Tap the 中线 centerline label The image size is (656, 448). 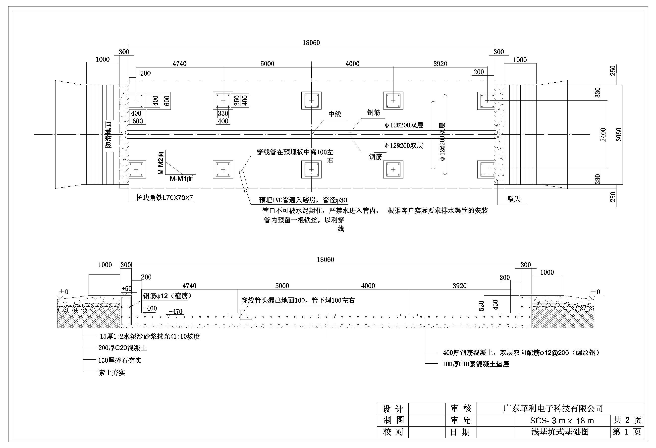(x=335, y=114)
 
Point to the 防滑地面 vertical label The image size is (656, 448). (x=109, y=135)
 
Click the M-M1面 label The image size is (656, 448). (x=181, y=179)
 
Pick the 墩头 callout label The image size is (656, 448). (x=513, y=199)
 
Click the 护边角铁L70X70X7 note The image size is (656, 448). (x=164, y=198)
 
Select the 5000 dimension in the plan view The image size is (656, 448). (x=267, y=63)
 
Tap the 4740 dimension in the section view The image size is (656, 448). (x=189, y=286)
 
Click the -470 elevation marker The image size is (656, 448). (x=176, y=312)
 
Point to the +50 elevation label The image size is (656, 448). (x=126, y=288)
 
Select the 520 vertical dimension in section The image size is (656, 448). (x=482, y=306)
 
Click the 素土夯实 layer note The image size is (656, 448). (x=112, y=373)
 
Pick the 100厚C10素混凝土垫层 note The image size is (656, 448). (x=476, y=364)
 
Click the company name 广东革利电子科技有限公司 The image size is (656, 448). (x=553, y=408)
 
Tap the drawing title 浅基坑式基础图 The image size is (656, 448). (x=560, y=432)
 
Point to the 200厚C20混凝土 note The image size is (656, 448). (x=123, y=348)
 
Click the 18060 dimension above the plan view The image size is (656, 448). (x=311, y=43)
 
